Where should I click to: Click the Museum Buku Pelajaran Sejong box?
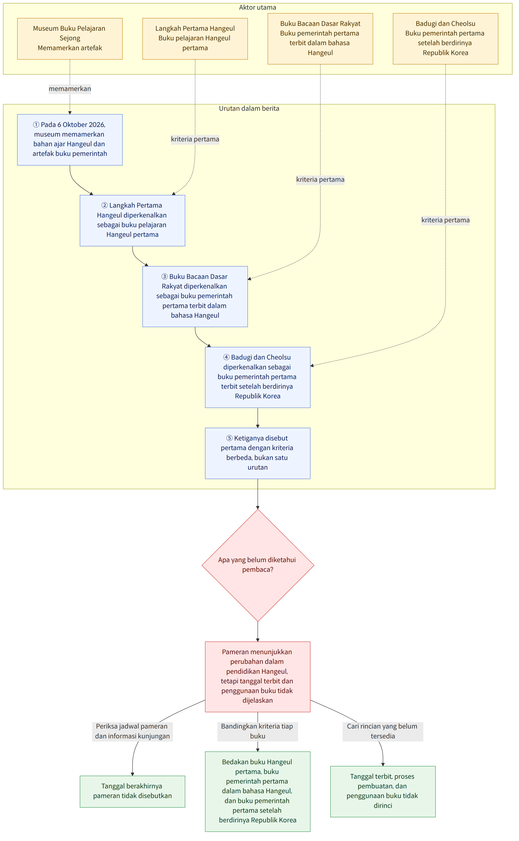70,39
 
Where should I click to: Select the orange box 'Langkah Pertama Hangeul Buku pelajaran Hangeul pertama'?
195,39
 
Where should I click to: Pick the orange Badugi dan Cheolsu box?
446,39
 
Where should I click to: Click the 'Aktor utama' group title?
258,7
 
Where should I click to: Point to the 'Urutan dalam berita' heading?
249,109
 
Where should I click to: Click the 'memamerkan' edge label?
70,89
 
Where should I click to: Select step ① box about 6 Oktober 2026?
70,140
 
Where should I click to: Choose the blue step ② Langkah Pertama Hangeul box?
133,221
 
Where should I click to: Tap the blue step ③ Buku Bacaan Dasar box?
195,297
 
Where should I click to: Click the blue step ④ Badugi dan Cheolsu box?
258,377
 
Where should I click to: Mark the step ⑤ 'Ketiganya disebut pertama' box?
258,453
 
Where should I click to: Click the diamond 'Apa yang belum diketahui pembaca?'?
258,565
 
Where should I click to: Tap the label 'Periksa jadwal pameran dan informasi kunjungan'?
133,732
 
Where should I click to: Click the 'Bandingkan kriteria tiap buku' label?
258,732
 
